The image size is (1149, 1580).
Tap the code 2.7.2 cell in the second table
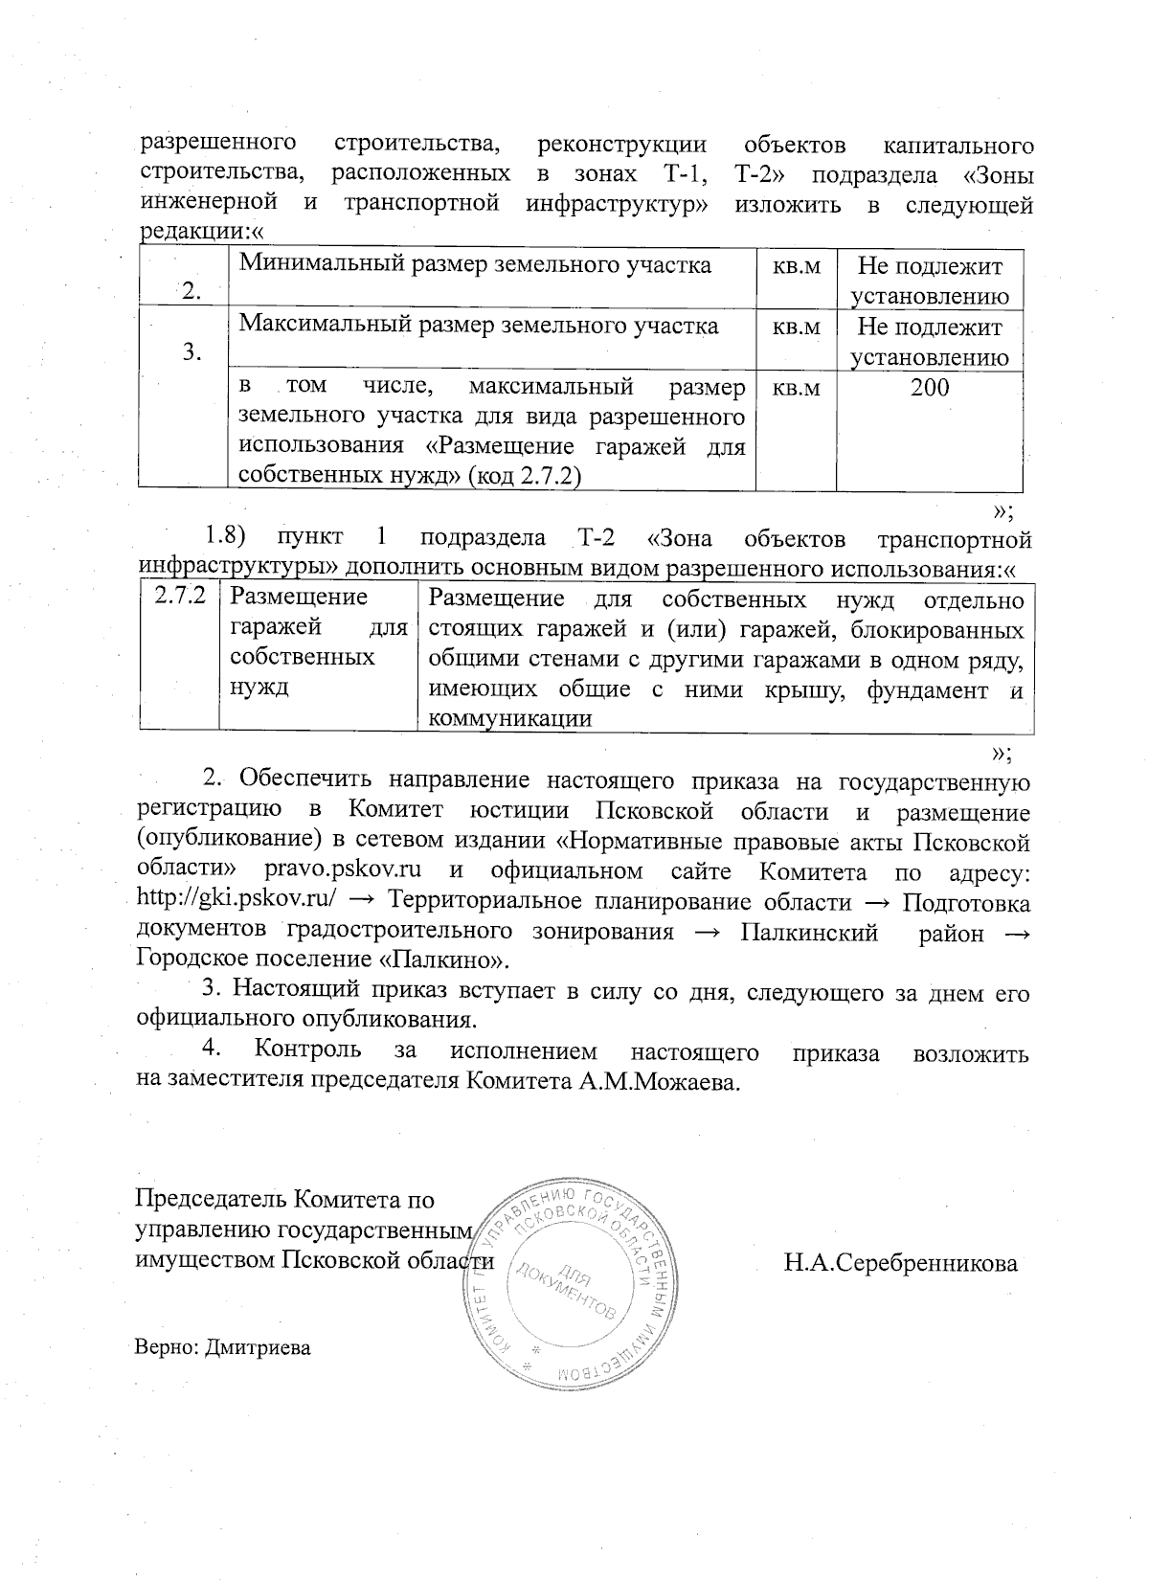pos(181,597)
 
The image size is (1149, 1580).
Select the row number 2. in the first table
pos(191,292)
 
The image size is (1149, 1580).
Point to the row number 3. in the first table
pos(191,352)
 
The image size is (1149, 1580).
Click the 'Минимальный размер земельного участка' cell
pos(475,265)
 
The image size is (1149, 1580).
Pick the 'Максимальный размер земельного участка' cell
pos(479,326)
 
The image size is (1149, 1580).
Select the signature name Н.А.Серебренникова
pos(900,1263)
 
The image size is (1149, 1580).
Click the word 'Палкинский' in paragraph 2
pos(810,934)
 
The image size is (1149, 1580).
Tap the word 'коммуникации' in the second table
pos(509,718)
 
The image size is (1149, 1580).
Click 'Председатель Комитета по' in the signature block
pos(285,1200)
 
